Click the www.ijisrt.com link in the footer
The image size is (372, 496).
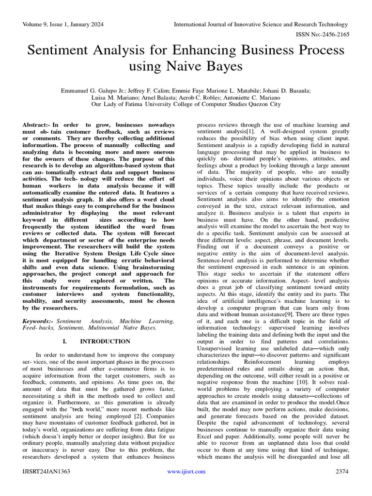pos(186,471)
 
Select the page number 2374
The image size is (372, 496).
pos(342,471)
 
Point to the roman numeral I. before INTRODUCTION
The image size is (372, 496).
pos(65,341)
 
